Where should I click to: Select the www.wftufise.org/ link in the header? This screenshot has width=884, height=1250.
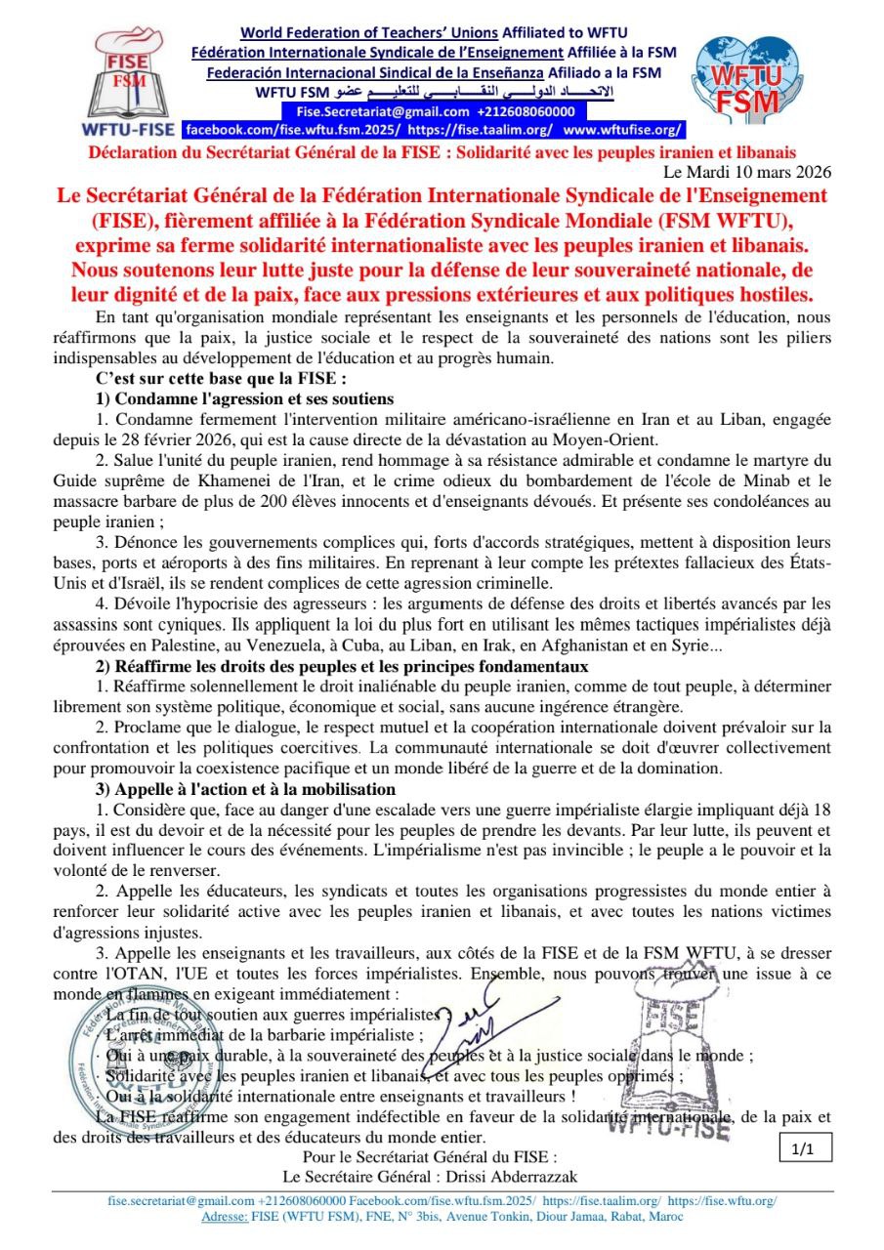[x=622, y=129]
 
